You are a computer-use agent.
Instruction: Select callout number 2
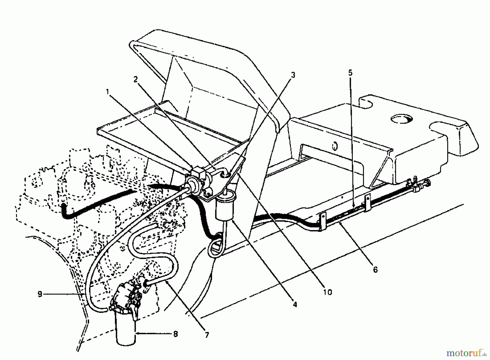(135, 79)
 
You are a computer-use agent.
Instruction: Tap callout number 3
(293, 75)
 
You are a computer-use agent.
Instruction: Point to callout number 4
(295, 304)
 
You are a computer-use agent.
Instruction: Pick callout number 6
(375, 269)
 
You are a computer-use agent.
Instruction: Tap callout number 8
(175, 334)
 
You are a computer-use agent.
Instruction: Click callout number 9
(40, 294)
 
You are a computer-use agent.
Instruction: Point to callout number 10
(328, 292)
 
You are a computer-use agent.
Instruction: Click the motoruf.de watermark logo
(466, 353)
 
